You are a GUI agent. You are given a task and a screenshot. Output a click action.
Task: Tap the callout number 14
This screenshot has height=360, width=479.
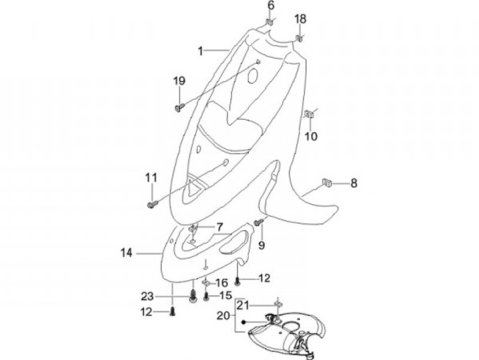click(127, 253)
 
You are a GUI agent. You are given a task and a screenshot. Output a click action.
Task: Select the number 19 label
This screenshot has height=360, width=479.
click(179, 81)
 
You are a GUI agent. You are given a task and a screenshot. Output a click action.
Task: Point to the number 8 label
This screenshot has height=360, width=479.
click(353, 183)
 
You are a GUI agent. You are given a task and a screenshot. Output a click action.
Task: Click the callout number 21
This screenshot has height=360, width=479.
click(243, 305)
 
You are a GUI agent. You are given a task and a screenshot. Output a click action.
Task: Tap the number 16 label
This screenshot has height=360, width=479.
click(221, 283)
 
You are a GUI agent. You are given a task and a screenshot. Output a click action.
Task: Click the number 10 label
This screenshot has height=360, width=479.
click(311, 137)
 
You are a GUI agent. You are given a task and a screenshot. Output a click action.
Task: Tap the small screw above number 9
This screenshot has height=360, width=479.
click(261, 220)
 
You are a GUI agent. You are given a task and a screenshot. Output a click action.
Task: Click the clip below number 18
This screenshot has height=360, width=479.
click(299, 37)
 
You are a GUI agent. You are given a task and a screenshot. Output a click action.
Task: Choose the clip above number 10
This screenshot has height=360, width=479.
click(309, 115)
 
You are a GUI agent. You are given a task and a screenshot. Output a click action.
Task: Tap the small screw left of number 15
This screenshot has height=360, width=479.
click(206, 295)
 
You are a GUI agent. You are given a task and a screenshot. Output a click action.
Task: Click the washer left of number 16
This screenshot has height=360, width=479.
click(206, 283)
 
